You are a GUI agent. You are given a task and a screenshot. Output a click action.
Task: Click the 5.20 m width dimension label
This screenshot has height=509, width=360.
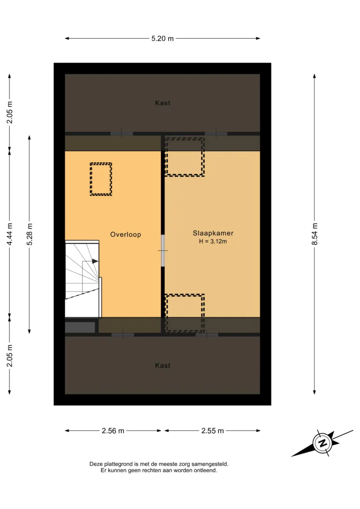pos(162,39)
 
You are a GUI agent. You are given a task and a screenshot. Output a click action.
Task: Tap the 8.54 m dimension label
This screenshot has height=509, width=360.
pos(315,234)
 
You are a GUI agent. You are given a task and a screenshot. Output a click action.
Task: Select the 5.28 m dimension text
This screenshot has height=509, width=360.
pos(29,234)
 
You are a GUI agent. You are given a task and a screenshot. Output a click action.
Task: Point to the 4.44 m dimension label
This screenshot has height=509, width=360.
pos(10,234)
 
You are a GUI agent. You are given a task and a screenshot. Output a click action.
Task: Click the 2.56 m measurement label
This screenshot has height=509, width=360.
pos(113,431)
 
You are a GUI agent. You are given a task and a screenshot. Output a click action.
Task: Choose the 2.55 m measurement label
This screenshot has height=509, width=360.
pos(213,431)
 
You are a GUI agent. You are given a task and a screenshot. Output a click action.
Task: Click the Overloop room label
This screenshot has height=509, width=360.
pos(125,234)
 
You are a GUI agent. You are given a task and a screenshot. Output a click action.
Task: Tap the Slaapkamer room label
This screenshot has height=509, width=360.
pos(213,233)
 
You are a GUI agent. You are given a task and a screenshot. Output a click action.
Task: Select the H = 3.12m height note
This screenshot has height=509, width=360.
pos(213,241)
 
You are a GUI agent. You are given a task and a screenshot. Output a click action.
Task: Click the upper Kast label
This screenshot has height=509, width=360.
pos(163,103)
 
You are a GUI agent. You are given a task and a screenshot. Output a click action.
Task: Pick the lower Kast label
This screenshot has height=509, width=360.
pos(163,365)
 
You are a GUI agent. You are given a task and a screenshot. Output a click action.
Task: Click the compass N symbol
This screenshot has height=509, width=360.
pos(322,443)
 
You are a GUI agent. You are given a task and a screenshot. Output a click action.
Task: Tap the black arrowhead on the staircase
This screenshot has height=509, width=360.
pos(95,261)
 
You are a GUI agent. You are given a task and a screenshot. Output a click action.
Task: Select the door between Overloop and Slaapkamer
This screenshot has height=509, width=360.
pos(163,251)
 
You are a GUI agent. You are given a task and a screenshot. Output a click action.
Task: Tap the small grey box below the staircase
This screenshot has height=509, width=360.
pos(80,327)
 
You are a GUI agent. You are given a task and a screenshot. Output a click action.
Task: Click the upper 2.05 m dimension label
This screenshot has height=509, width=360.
pos(10,112)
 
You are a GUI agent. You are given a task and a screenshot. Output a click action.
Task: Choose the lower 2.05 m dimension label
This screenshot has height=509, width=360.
pos(10,356)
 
